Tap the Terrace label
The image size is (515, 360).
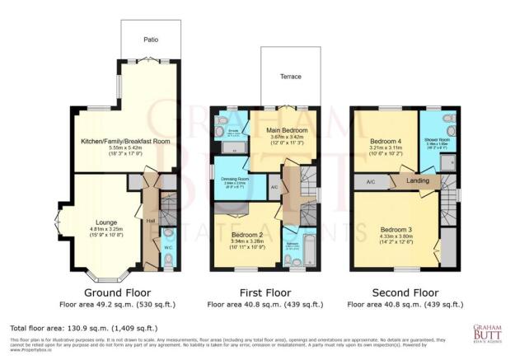point(289,76)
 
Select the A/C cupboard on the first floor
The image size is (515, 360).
point(274,187)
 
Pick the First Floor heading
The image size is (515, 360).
point(263,292)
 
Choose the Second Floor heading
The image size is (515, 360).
point(404,292)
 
